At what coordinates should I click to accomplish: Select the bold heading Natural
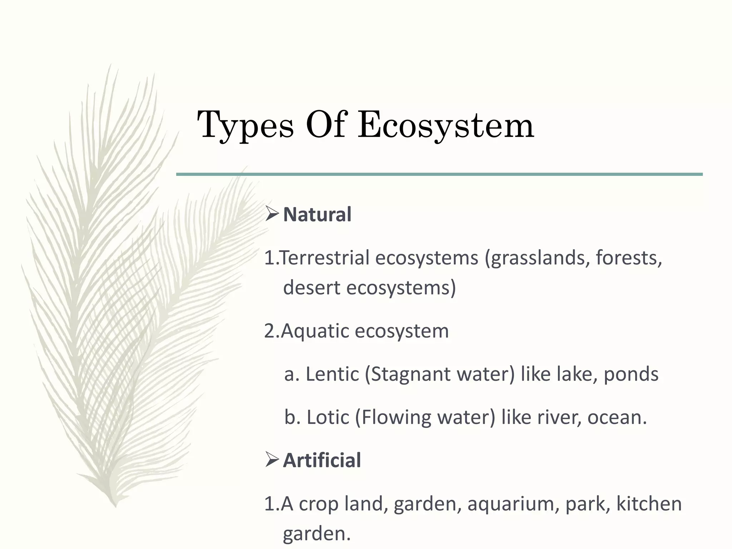click(x=317, y=214)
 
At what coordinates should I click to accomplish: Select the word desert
click(x=311, y=287)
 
